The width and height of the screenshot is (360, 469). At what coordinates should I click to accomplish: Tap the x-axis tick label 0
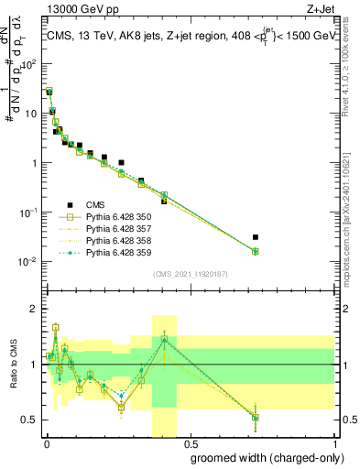[x=47, y=443]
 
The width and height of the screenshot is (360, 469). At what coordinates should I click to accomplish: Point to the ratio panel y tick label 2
[x=33, y=309]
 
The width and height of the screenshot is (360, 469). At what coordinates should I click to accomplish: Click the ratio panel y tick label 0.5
[x=29, y=420]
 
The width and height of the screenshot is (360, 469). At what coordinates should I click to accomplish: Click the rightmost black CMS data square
[x=256, y=237]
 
